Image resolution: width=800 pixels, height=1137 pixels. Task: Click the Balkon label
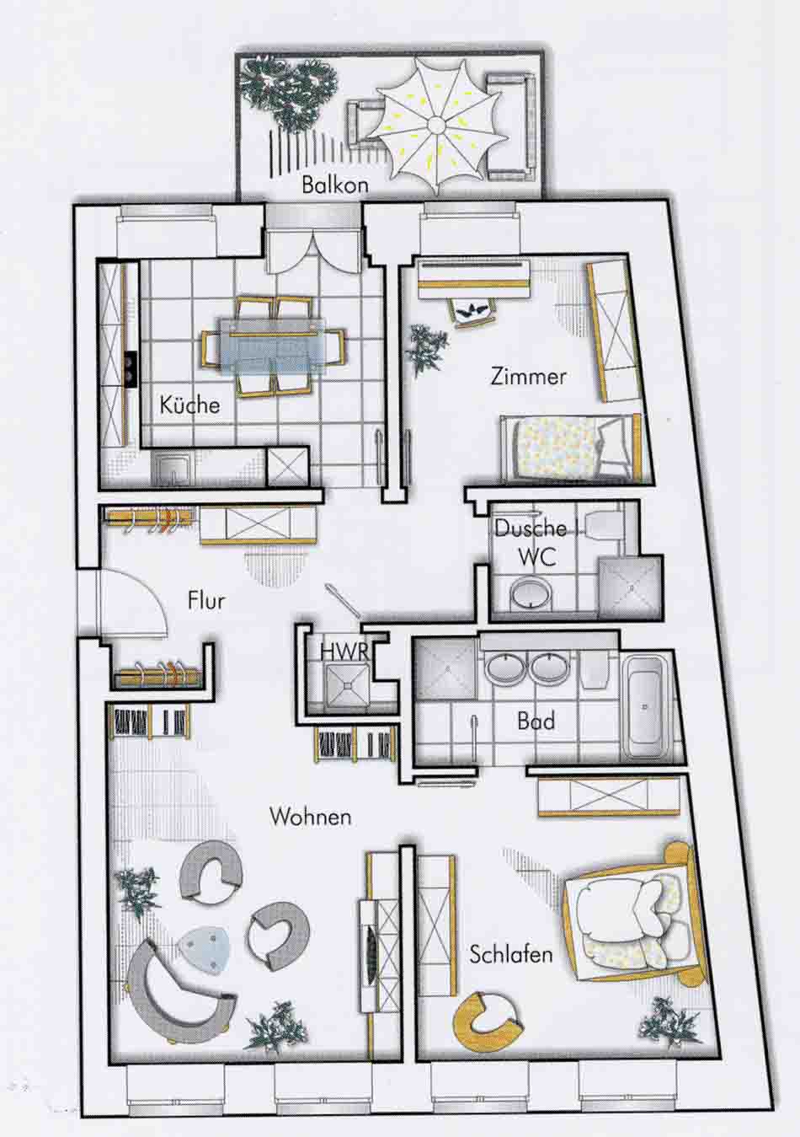[x=335, y=185]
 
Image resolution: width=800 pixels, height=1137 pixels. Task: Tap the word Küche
[x=189, y=405]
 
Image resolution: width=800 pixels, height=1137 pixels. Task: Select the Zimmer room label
[x=529, y=377]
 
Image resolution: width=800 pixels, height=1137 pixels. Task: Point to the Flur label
[x=206, y=601]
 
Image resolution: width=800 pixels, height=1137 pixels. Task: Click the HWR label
[x=344, y=652]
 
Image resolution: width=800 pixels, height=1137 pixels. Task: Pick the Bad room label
[x=536, y=721]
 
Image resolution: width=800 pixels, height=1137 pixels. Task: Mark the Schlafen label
[x=511, y=955]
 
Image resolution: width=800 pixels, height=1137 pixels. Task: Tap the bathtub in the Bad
[x=643, y=705]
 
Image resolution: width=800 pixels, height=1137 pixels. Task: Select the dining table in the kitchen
[x=271, y=346]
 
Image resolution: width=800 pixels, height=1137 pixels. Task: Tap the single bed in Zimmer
[x=571, y=448]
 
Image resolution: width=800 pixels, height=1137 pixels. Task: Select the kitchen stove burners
[x=131, y=368]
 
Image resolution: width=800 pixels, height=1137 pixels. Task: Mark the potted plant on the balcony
[x=285, y=94]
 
